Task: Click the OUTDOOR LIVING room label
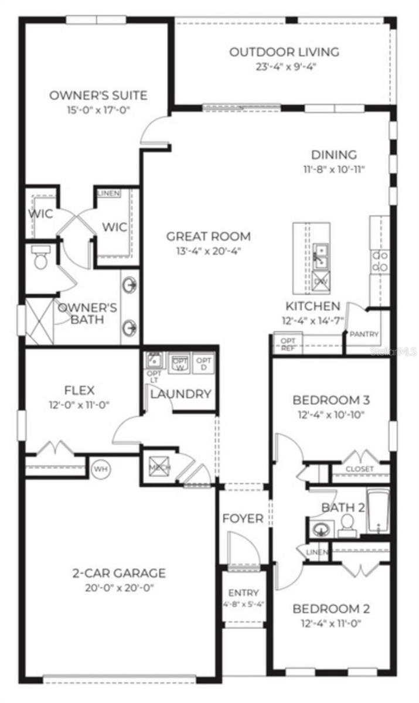point(284,52)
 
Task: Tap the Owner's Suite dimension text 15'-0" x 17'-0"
point(98,110)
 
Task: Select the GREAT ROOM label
point(208,237)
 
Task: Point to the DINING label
point(333,155)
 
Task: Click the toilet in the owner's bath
point(41,258)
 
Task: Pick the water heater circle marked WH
point(100,469)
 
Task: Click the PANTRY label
point(364,335)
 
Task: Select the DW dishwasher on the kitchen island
point(321,281)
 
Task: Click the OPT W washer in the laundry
point(179,364)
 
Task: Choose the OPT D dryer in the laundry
point(204,364)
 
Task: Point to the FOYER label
point(243,519)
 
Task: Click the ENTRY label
point(243,593)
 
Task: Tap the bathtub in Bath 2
point(379,511)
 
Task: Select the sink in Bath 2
point(321,530)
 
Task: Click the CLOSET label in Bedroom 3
point(359,469)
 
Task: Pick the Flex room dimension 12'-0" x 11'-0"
point(79,404)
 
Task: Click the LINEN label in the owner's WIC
point(108,193)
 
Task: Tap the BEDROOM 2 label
point(331,608)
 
